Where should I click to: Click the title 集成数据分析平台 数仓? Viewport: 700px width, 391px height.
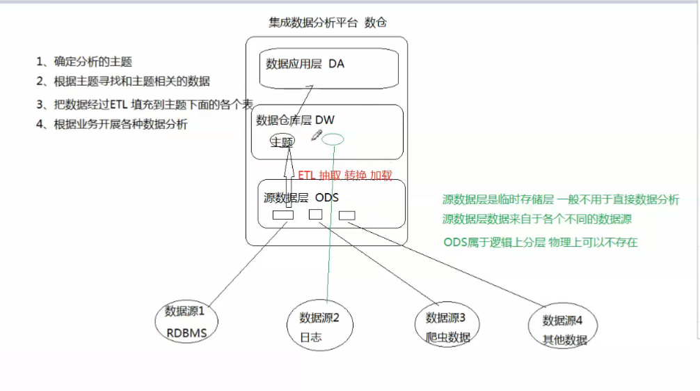327,22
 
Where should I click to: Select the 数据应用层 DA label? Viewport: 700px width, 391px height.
305,64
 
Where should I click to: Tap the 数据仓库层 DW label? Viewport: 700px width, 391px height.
295,121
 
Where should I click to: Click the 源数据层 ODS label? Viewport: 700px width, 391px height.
301,197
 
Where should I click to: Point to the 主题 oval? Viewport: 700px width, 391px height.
282,141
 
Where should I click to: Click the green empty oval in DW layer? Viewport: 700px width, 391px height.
333,139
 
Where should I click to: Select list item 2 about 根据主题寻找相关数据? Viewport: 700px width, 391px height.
123,82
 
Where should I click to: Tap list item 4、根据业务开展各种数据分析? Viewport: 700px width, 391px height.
112,125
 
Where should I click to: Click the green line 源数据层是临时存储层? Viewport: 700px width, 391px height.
561,199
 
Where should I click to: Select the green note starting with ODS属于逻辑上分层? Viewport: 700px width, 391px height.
540,243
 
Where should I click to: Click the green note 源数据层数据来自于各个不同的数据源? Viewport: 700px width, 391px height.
537,219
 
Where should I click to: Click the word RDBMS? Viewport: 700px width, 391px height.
186,333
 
